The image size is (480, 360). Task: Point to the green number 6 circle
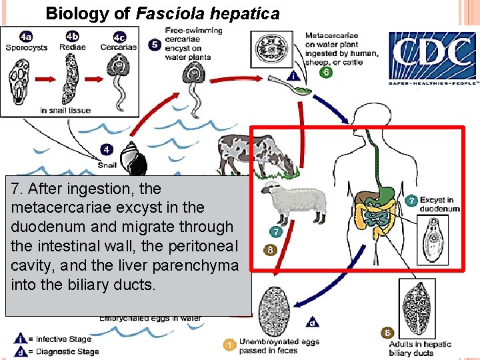326,73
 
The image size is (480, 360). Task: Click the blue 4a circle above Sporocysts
25,36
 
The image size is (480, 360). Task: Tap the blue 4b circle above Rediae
72,36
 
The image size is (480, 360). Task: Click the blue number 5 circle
155,45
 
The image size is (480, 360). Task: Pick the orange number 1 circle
229,344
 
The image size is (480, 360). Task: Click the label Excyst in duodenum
439,204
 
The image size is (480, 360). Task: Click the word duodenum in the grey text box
43,227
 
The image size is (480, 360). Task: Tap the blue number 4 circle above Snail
107,149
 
